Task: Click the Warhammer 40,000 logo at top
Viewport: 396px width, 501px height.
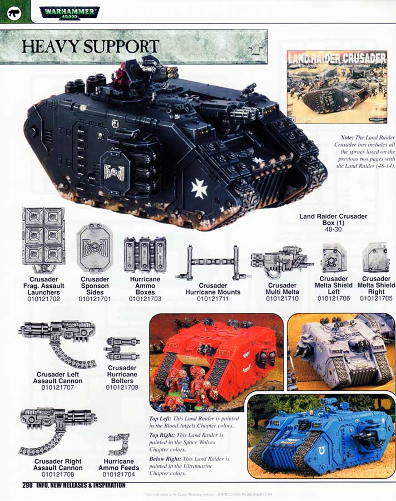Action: [70, 11]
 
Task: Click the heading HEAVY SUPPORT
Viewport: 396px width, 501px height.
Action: [91, 46]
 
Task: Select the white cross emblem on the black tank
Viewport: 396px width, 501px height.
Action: [199, 188]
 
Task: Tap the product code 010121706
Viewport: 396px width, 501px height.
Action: [334, 298]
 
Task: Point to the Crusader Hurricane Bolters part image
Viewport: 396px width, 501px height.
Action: [122, 348]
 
